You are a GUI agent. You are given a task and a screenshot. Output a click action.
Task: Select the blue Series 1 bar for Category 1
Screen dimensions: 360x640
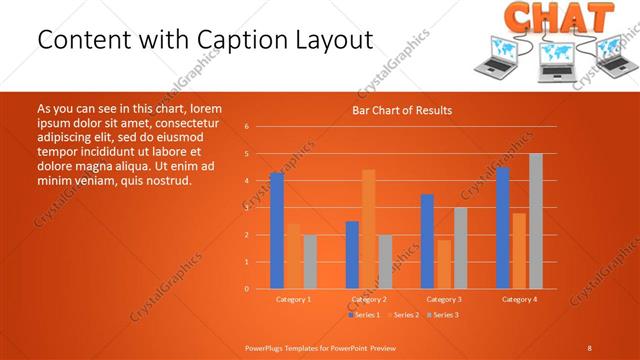click(277, 231)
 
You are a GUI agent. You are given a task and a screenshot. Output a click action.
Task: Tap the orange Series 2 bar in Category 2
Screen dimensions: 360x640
click(368, 229)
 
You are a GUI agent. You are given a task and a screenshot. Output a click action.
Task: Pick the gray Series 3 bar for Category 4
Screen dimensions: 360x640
click(535, 221)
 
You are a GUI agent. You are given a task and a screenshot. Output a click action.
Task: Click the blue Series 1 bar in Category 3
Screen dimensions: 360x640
click(427, 241)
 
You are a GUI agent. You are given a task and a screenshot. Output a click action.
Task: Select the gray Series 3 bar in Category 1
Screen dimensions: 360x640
click(310, 262)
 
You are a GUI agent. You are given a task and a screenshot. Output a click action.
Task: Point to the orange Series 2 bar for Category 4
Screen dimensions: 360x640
click(519, 251)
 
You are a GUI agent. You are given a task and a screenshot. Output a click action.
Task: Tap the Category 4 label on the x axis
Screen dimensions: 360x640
click(519, 299)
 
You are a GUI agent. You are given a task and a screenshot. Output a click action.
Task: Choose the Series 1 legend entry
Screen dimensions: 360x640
click(364, 315)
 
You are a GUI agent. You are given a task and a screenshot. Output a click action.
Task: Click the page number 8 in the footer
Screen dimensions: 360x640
click(589, 347)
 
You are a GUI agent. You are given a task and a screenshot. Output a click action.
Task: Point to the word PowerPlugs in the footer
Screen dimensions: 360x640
click(267, 347)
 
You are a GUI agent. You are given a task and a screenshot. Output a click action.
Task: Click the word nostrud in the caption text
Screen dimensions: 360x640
click(167, 180)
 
